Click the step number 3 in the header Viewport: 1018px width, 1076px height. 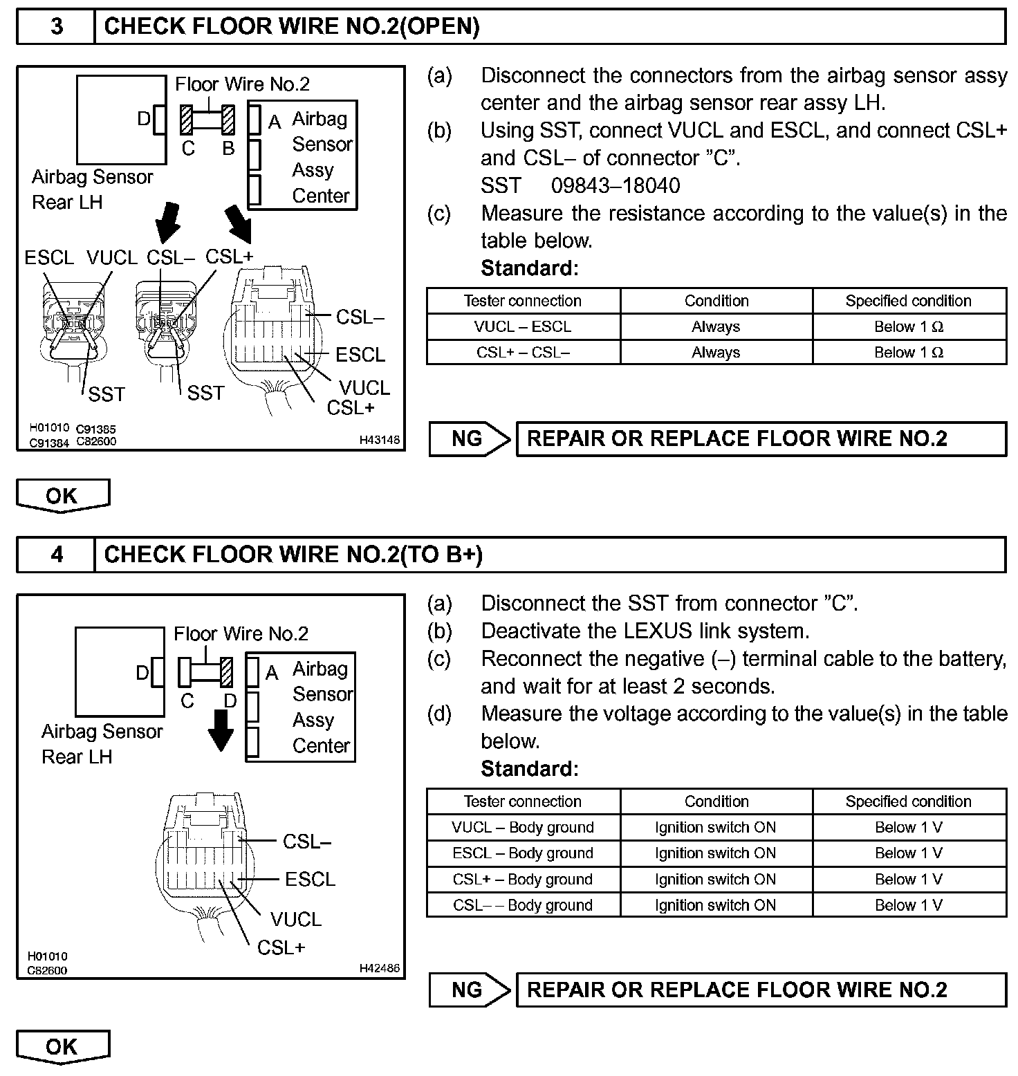(x=56, y=27)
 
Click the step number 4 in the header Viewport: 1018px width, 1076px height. (x=56, y=555)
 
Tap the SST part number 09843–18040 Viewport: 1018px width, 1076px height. (x=615, y=185)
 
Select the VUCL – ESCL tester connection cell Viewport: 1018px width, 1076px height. (x=523, y=326)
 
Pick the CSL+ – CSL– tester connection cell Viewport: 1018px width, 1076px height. (x=523, y=352)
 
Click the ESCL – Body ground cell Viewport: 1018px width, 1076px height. (x=523, y=853)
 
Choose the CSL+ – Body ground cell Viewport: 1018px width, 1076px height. (x=523, y=879)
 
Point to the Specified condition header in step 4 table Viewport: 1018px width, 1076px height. (x=908, y=801)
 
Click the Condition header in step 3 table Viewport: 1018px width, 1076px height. (x=716, y=301)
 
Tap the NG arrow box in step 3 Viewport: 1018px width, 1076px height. (x=468, y=438)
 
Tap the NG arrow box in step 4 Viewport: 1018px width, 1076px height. (x=468, y=990)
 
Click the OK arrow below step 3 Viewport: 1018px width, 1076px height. (x=62, y=496)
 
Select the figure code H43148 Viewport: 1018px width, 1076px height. (x=379, y=440)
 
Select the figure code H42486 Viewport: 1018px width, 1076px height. (x=379, y=968)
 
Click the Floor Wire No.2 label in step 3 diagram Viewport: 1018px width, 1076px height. (x=242, y=84)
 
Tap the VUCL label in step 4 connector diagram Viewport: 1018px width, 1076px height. (x=296, y=919)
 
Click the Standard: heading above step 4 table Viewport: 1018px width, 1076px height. (x=529, y=768)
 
